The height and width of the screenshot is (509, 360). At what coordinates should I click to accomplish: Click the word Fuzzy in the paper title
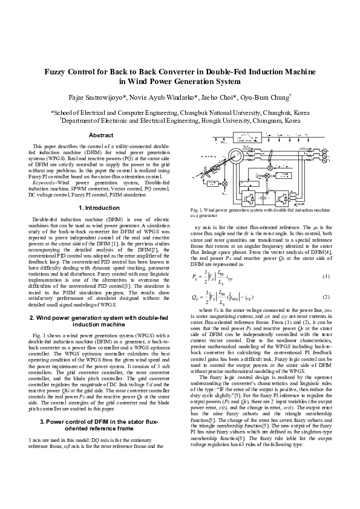[58, 71]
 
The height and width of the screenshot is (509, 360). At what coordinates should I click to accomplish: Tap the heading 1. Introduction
[97, 207]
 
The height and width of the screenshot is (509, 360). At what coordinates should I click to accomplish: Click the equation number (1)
[326, 259]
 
